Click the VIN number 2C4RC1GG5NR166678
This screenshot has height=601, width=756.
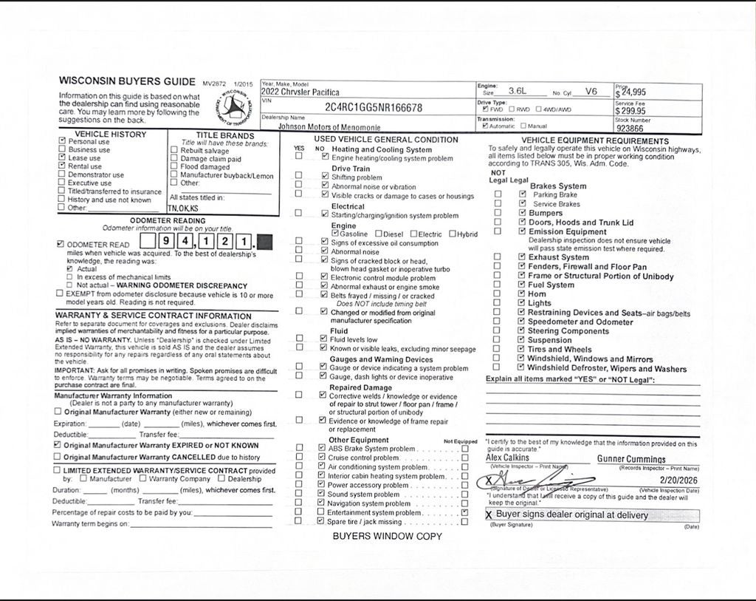(373, 108)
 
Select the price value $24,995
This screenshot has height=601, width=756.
(632, 92)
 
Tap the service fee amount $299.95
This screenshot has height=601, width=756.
(631, 111)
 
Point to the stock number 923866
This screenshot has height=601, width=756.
(630, 128)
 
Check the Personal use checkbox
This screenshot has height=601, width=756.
(62, 141)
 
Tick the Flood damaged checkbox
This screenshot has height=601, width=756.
(173, 167)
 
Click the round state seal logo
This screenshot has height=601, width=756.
(235, 108)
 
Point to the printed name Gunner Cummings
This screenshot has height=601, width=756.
(631, 459)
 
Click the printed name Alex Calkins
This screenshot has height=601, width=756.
(508, 458)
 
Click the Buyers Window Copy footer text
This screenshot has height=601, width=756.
(387, 536)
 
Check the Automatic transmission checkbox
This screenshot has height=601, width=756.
(485, 126)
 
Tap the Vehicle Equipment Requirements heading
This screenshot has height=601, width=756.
(594, 140)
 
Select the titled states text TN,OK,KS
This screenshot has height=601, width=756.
(183, 208)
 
